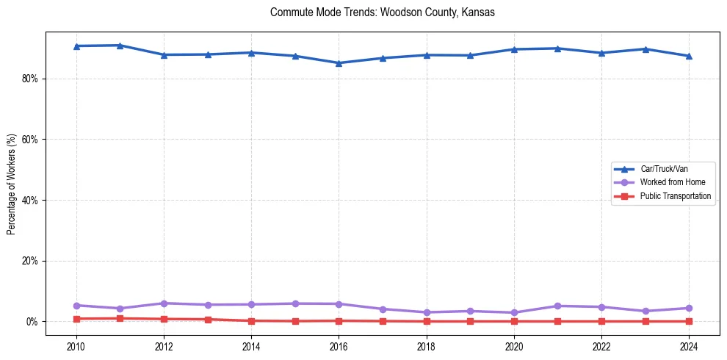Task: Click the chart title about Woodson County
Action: pos(383,12)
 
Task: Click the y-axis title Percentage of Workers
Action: pos(11,184)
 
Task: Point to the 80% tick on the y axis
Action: pos(29,79)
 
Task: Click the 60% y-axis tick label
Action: pos(29,140)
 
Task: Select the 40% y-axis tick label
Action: pos(29,200)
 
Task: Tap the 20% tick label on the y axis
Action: pos(29,261)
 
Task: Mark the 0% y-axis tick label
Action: pos(31,322)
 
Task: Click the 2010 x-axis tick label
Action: pos(76,345)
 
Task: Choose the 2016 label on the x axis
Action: pos(339,345)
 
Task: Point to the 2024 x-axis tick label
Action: pos(689,345)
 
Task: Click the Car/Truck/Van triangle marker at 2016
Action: pos(339,62)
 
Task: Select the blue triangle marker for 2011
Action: pos(120,46)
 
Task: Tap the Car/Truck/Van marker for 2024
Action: pos(689,56)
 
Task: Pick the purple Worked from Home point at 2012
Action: pos(164,303)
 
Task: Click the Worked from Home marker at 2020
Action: pos(514,312)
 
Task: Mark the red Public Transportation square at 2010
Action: pos(76,319)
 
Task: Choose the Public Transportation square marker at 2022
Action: pos(601,321)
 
